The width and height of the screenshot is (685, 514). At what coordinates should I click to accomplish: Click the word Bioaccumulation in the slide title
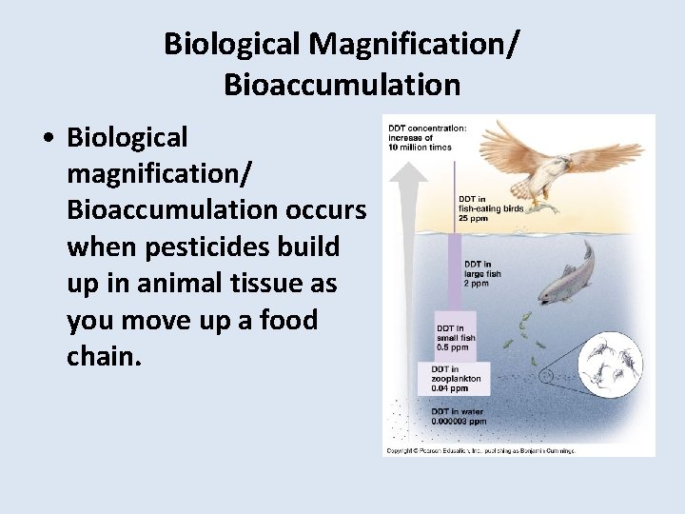coord(342,85)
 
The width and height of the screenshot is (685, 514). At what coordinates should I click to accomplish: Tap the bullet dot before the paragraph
coord(47,138)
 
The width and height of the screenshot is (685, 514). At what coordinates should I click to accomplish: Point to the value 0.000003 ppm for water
coord(460,420)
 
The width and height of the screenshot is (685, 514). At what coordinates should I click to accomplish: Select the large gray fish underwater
coord(568,275)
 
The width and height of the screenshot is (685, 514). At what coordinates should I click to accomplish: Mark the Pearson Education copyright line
coord(479,449)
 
